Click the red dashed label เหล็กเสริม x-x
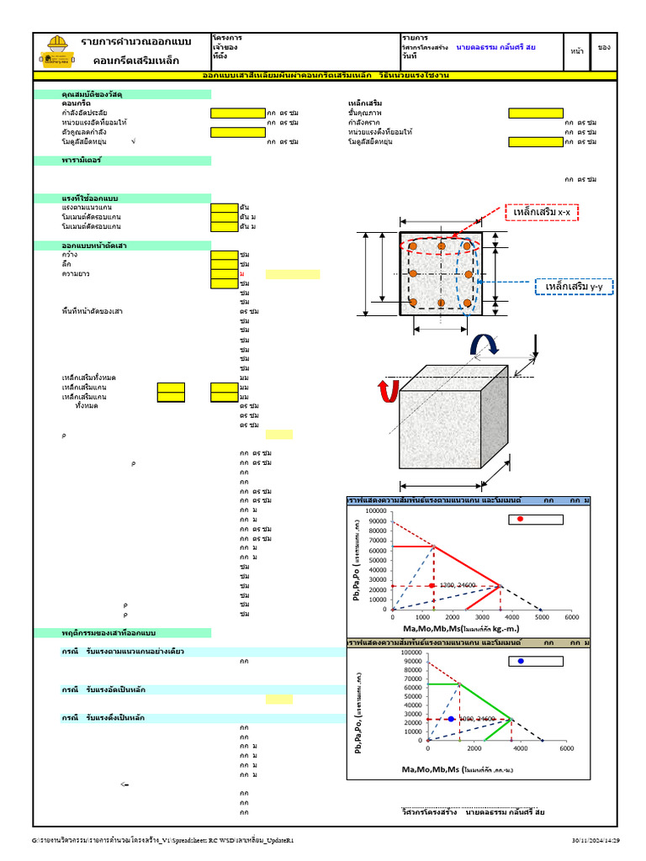point(543,213)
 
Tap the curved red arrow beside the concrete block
point(387,391)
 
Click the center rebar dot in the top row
point(440,246)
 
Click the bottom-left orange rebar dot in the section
point(413,302)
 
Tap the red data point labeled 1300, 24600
point(432,585)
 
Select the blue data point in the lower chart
point(451,719)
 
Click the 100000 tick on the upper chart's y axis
point(375,510)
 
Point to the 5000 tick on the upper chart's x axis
point(542,617)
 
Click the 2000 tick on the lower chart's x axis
point(474,748)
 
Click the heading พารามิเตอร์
point(82,160)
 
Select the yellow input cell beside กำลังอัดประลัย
point(237,113)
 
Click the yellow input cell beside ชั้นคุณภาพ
point(535,113)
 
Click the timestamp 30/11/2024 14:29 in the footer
point(596,840)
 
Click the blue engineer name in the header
point(495,48)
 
